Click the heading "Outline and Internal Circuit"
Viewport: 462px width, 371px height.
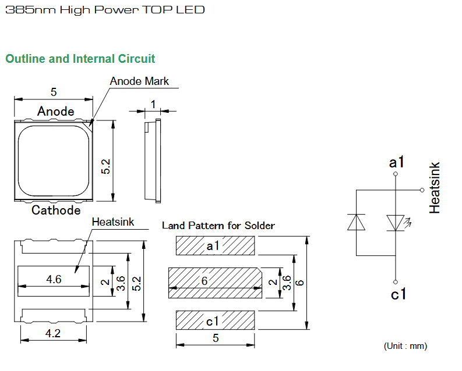pyautogui.click(x=80, y=59)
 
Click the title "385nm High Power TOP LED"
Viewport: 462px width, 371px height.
pyautogui.click(x=105, y=10)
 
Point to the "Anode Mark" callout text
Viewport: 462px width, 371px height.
pyautogui.click(x=139, y=81)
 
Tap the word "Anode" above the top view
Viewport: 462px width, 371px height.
pyautogui.click(x=56, y=111)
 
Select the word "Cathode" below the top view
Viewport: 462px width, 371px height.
pyautogui.click(x=56, y=210)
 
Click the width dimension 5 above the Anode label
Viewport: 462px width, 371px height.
pyautogui.click(x=54, y=92)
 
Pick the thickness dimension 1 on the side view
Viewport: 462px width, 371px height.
pyautogui.click(x=153, y=104)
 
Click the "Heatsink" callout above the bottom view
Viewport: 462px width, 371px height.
pyautogui.click(x=113, y=222)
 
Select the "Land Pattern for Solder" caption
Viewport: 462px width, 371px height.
pyautogui.click(x=218, y=225)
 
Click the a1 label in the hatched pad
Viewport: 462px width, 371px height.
pyautogui.click(x=213, y=247)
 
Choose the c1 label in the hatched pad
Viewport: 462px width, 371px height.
pyautogui.click(x=213, y=320)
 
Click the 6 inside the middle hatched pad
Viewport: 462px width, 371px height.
pyautogui.click(x=204, y=281)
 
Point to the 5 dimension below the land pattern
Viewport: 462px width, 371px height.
pyautogui.click(x=216, y=338)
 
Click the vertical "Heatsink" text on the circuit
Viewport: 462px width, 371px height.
pyautogui.click(x=435, y=188)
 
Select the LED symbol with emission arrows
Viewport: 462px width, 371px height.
pyautogui.click(x=396, y=222)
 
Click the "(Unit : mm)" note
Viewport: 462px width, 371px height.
pyautogui.click(x=405, y=346)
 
